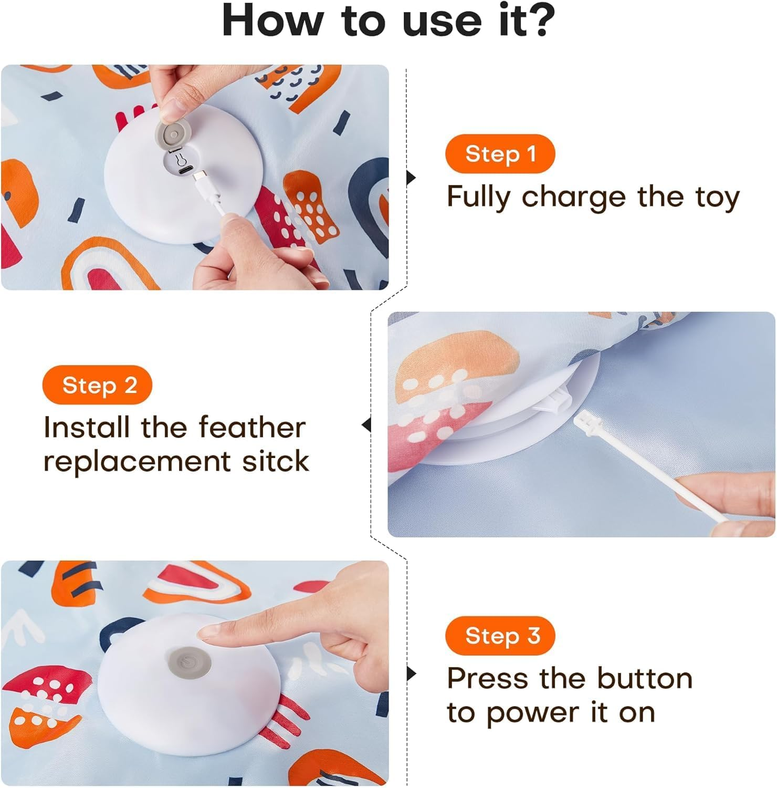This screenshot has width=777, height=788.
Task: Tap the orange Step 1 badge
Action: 500,154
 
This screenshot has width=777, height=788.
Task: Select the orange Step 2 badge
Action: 98,385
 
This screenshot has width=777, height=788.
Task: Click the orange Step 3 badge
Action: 500,636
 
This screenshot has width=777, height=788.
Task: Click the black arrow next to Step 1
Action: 411,178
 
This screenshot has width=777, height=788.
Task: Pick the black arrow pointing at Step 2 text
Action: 366,425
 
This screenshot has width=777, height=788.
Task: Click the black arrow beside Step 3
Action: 411,673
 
